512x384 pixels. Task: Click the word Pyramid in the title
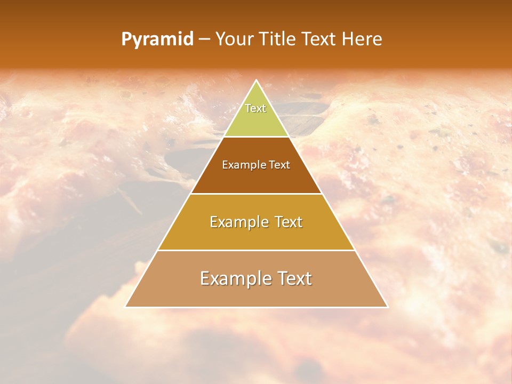[x=157, y=39]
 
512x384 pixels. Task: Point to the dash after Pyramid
[x=204, y=39]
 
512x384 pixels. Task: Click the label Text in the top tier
[x=255, y=108]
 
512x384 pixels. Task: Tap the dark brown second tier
[x=256, y=179]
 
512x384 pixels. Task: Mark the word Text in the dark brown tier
[x=280, y=165]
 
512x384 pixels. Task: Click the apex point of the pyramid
[x=256, y=81]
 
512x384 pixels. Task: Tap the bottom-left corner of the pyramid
[x=126, y=307]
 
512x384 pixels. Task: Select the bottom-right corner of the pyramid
[x=387, y=307]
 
